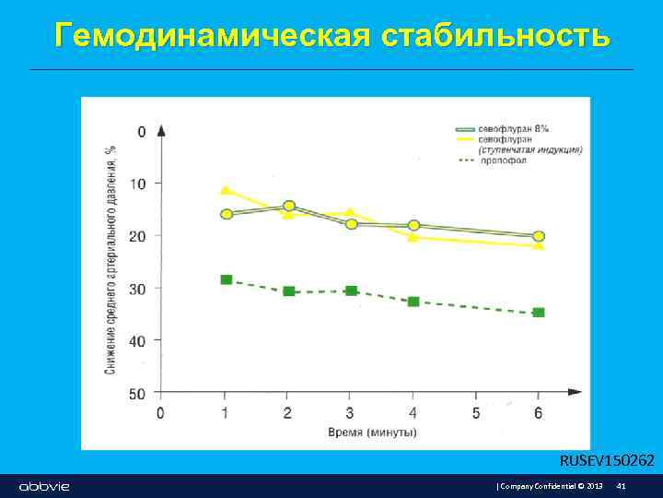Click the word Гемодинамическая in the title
tap(212, 35)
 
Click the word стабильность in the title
tap(494, 35)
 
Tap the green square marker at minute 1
tap(227, 279)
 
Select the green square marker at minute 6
tap(539, 313)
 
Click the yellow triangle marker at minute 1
tap(226, 190)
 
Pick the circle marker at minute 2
tap(289, 207)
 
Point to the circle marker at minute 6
tap(539, 237)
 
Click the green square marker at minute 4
tap(413, 302)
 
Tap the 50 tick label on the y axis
tap(137, 394)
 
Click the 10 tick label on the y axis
tap(137, 184)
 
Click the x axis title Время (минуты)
tap(372, 432)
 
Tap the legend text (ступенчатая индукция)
tap(529, 149)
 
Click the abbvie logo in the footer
tap(44, 486)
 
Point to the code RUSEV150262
tap(607, 460)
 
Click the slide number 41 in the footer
tap(622, 486)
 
